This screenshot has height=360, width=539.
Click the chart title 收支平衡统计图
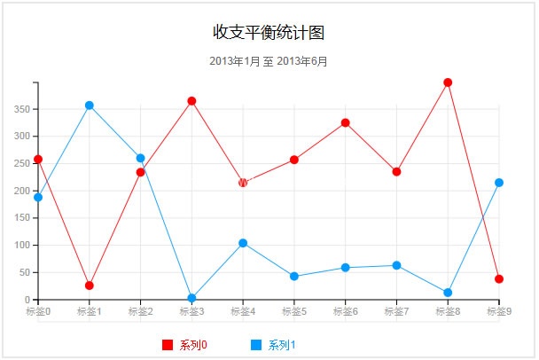[269, 33]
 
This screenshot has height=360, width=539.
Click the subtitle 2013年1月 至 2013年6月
[269, 61]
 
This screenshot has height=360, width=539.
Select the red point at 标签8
[448, 82]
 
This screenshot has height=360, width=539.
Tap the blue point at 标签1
[90, 106]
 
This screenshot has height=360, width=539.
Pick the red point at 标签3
[191, 101]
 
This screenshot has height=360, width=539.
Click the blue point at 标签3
[191, 298]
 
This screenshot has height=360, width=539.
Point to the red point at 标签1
[90, 286]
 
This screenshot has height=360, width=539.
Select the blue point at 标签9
[499, 183]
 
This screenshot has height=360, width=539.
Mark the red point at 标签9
[499, 279]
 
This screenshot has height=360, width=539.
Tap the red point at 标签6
[346, 122]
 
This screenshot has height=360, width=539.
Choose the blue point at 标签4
[243, 243]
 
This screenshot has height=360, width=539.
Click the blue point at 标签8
[448, 293]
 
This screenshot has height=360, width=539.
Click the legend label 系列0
[192, 345]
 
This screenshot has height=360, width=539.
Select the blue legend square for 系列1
[255, 345]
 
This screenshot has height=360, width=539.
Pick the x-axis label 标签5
[294, 311]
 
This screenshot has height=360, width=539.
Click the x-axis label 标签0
[38, 311]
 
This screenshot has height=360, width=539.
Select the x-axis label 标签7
[396, 311]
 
